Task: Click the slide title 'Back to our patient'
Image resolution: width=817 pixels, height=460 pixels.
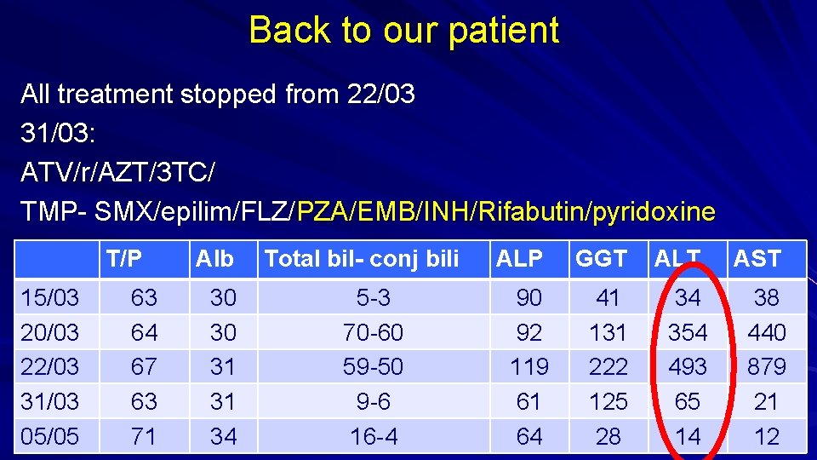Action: [x=404, y=31]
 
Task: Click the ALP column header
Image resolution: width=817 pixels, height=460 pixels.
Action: [x=520, y=258]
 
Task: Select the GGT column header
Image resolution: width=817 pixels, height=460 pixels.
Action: [x=601, y=258]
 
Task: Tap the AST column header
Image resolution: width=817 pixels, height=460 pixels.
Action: [x=757, y=258]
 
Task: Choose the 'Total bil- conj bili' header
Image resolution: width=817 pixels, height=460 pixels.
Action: [x=362, y=258]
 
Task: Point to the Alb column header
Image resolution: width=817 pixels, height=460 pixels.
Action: [x=214, y=258]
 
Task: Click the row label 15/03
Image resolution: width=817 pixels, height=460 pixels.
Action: [x=50, y=298]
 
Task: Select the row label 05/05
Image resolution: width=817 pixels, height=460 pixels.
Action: [x=50, y=436]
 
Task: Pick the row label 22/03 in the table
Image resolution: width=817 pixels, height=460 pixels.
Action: [x=50, y=366]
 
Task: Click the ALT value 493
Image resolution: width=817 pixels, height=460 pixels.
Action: [x=687, y=366]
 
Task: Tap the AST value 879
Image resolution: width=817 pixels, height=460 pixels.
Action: [x=766, y=366]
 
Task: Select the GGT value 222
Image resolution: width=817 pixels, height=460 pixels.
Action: [x=608, y=366]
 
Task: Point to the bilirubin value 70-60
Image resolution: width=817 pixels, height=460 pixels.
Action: [x=373, y=332]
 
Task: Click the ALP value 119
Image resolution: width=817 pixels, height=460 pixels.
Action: [x=529, y=366]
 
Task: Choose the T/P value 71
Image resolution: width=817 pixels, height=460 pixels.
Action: [x=143, y=436]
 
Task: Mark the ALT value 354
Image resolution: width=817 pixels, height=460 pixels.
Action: [x=687, y=332]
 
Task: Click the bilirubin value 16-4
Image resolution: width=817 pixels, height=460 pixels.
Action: [x=373, y=436]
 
